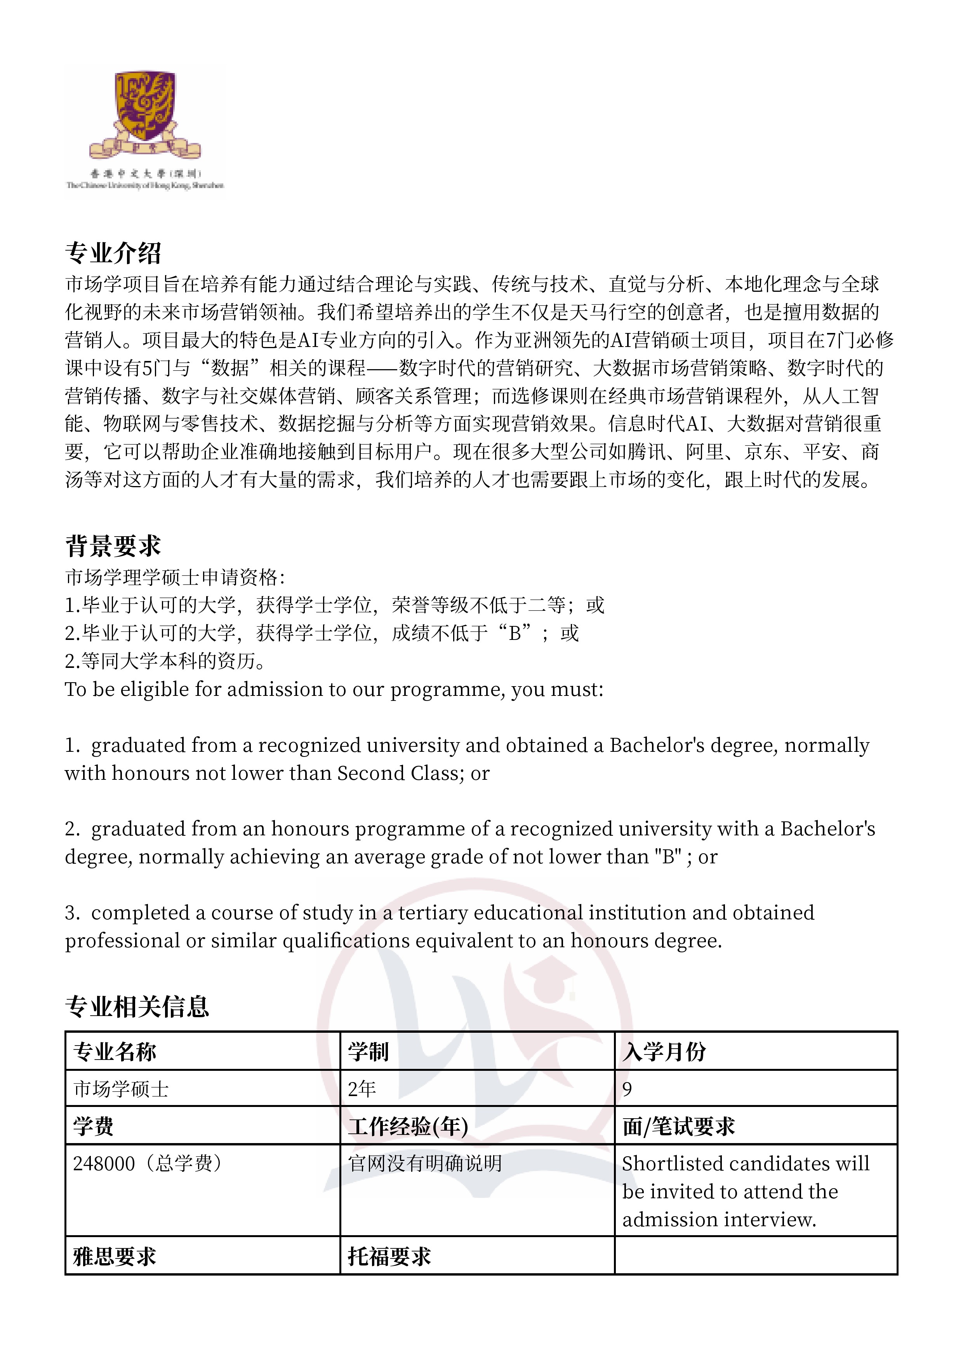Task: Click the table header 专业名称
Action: [115, 1052]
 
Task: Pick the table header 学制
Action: [368, 1052]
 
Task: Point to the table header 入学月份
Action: [664, 1052]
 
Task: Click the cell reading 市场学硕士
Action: [121, 1089]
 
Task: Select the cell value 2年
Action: [362, 1089]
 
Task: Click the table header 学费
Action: [93, 1126]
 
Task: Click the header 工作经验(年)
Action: [408, 1126]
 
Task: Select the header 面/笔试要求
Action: [679, 1126]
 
